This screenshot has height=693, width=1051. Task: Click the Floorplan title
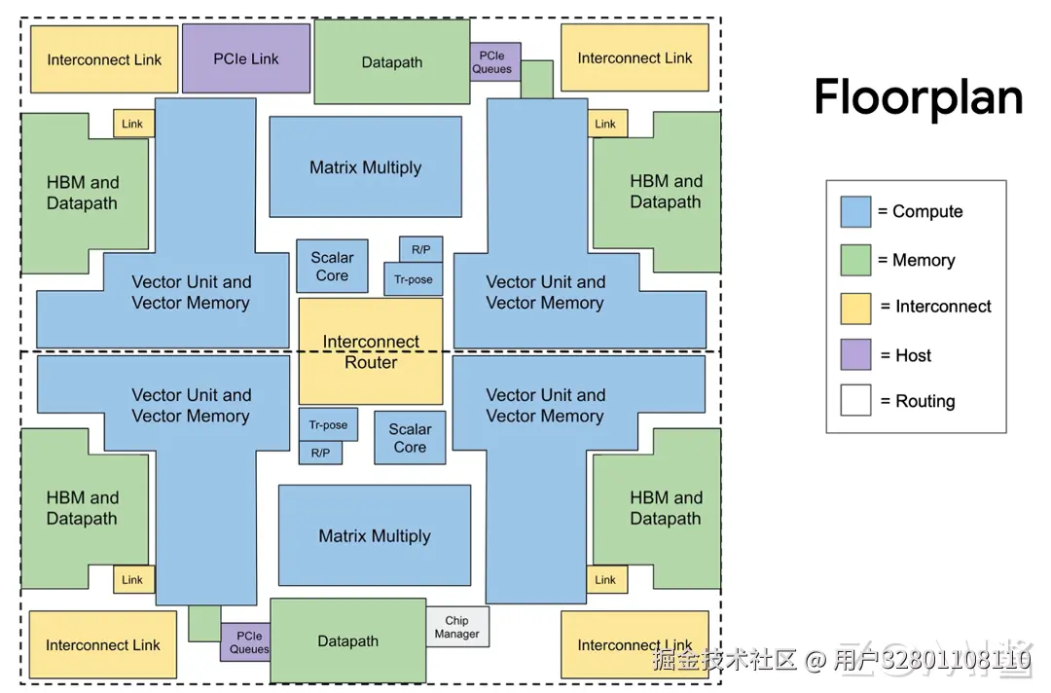coord(919,98)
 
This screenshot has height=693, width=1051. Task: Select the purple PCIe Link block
coord(246,58)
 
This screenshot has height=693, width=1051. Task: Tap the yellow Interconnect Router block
coord(371,351)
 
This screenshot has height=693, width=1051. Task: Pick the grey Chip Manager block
coord(457,627)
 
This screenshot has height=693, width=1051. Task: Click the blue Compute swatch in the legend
coord(856,212)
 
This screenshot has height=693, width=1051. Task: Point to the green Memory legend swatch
coord(856,260)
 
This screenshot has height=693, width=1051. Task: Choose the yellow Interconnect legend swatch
coord(856,309)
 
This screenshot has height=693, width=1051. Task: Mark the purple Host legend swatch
coord(856,354)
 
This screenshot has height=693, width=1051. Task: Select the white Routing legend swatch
coord(856,400)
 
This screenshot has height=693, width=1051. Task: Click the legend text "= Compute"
coord(920,212)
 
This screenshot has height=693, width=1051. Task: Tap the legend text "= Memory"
coord(917,260)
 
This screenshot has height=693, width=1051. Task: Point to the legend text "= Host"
coord(906,355)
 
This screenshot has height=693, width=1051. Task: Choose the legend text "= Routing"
coord(918,401)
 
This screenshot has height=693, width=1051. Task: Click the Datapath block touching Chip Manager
coord(347,640)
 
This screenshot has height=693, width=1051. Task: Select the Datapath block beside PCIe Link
coord(392,61)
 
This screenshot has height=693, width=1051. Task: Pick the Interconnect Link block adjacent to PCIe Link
coord(104,59)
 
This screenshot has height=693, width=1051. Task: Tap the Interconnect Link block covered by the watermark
coord(634,644)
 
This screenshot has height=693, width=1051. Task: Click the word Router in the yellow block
coord(371,363)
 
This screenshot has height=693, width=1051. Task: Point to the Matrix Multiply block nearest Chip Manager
coord(375,535)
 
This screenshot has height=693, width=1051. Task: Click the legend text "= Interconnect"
coord(936,307)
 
